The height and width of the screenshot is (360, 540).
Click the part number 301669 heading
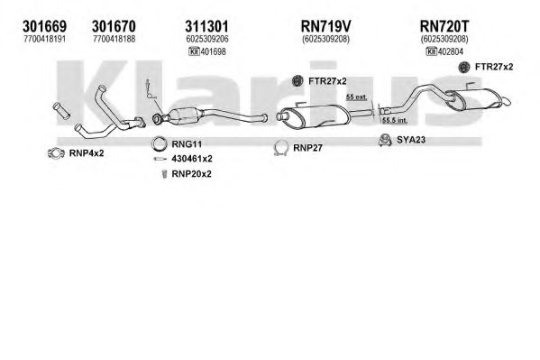[x=44, y=26]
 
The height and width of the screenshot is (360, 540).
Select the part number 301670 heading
[x=114, y=26]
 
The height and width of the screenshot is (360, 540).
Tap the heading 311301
[x=206, y=26]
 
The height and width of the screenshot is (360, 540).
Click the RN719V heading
[x=325, y=26]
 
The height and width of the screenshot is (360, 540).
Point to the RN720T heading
[x=444, y=26]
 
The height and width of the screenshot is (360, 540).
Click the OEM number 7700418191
[x=45, y=40]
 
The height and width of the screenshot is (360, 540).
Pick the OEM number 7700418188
[x=114, y=40]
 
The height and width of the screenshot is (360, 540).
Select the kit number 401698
[x=213, y=51]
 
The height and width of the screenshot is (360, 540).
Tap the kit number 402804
[x=451, y=51]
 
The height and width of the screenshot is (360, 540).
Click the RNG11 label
[x=187, y=144]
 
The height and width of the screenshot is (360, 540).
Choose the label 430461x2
[x=192, y=159]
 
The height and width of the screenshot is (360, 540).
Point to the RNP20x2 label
[x=191, y=174]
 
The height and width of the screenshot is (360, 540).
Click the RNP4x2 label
[x=87, y=153]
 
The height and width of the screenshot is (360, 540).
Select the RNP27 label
[x=308, y=148]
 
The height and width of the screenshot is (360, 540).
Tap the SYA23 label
[x=411, y=140]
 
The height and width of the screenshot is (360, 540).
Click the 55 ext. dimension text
[x=356, y=97]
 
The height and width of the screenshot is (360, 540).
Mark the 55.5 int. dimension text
[x=395, y=120]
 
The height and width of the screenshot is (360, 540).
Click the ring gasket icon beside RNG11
[x=159, y=143]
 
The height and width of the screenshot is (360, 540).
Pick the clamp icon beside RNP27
[x=281, y=148]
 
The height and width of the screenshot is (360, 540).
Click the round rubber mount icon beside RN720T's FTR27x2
[x=464, y=67]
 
